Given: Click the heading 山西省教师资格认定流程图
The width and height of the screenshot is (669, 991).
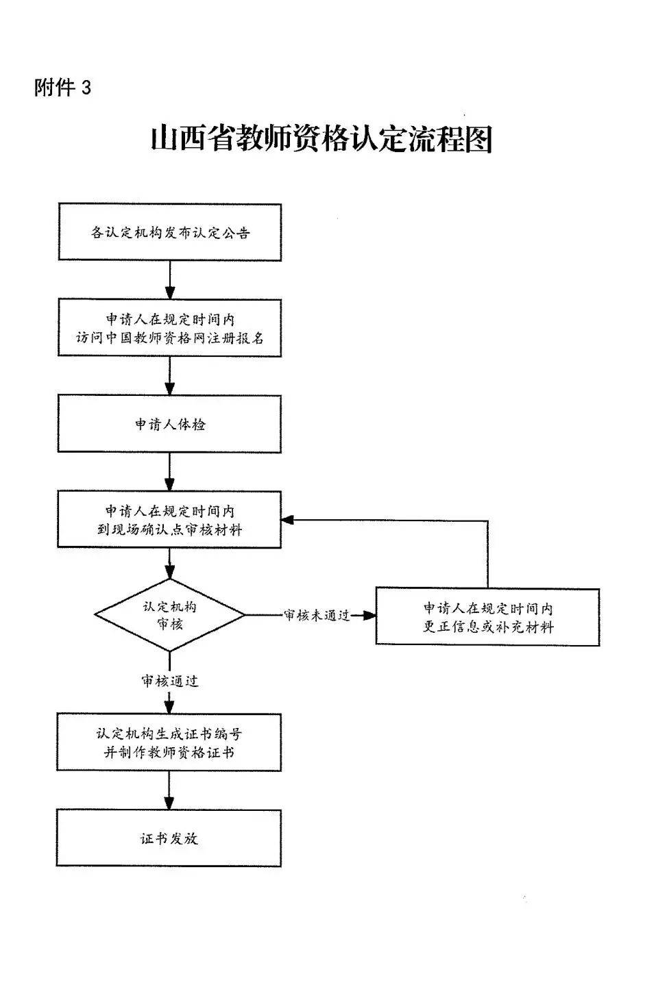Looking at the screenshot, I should (321, 139).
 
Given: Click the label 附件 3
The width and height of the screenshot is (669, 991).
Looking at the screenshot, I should (62, 88).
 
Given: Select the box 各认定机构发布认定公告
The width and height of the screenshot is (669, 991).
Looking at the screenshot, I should (170, 232).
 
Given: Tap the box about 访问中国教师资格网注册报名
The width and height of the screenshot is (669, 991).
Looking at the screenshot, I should (170, 328).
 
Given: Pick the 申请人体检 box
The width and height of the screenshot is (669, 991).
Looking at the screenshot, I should (170, 424).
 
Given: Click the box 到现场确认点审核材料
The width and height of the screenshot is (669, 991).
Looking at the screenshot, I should (170, 520).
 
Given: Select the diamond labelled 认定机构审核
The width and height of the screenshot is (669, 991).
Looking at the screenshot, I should (169, 614).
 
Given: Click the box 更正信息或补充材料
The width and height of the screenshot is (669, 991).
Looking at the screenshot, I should (487, 617).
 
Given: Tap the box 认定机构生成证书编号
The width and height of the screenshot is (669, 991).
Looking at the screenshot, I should (169, 742).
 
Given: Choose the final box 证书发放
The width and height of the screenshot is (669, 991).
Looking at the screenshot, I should (169, 838).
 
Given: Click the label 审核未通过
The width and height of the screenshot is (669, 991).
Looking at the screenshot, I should (317, 615).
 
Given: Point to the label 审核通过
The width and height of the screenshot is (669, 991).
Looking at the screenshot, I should (170, 681).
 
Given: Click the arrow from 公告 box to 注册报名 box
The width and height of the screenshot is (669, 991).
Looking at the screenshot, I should (170, 279).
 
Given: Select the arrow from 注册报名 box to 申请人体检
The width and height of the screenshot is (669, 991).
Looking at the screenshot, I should (170, 375).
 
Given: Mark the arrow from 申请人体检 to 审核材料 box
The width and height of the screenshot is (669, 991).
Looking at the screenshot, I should (170, 471).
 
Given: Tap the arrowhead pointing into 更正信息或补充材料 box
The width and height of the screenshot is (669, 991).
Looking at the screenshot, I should (369, 615).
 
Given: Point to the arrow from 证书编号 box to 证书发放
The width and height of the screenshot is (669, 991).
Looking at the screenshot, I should (169, 790).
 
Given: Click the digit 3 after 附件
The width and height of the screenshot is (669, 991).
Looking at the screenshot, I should (86, 88).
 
